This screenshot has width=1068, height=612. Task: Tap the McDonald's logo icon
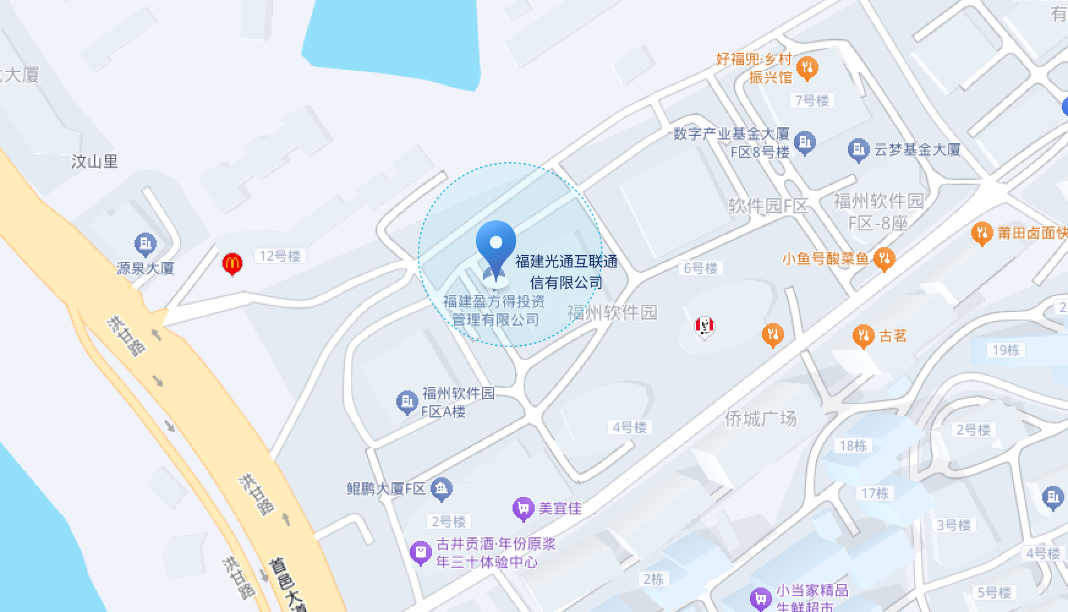(x=232, y=264)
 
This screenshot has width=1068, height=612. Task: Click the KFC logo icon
(x=705, y=326)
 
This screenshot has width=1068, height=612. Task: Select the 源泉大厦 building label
(x=145, y=268)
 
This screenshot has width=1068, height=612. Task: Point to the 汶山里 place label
(x=95, y=162)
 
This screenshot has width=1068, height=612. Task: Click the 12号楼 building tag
(x=280, y=256)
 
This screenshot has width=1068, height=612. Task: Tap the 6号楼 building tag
(x=700, y=268)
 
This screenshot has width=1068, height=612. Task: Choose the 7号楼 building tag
(x=812, y=100)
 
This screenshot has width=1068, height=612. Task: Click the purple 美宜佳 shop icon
(x=523, y=508)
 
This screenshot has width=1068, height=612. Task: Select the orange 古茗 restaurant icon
(x=863, y=336)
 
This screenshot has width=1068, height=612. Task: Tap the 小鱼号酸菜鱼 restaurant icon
(x=884, y=259)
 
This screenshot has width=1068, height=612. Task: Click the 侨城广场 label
(x=760, y=419)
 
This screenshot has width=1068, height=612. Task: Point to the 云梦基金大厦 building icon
(x=858, y=149)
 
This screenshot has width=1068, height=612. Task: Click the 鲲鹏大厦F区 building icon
(x=441, y=488)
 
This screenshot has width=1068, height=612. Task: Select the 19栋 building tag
(x=1006, y=350)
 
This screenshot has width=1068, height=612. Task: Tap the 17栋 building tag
(x=875, y=493)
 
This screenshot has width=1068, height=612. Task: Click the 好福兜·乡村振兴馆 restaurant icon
(x=807, y=68)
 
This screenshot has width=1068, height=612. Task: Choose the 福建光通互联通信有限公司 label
(x=566, y=272)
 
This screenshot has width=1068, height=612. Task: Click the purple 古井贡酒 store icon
(x=420, y=553)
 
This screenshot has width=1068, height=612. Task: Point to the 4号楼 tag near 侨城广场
(x=629, y=427)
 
